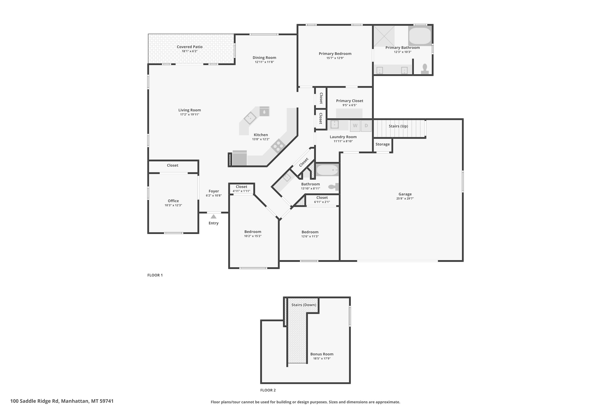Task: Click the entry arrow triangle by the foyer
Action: pyautogui.click(x=213, y=216)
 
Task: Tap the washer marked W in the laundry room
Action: pyautogui.click(x=355, y=126)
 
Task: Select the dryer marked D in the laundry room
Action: pyautogui.click(x=366, y=126)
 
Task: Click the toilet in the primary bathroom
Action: pyautogui.click(x=425, y=69)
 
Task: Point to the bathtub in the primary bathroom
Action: pyautogui.click(x=420, y=36)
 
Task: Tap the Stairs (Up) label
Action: pyautogui.click(x=398, y=126)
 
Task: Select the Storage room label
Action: pyautogui.click(x=382, y=144)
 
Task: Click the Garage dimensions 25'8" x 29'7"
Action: pyautogui.click(x=405, y=198)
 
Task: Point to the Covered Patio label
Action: pyautogui.click(x=190, y=47)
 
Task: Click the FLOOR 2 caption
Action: pyautogui.click(x=268, y=390)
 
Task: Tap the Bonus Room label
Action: pyautogui.click(x=322, y=354)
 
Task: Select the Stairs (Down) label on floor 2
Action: pyautogui.click(x=304, y=305)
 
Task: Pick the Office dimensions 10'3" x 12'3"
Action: pyautogui.click(x=173, y=205)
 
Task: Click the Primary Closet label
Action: pyautogui.click(x=350, y=101)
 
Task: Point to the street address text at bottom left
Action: pyautogui.click(x=62, y=401)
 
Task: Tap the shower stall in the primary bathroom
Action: pyautogui.click(x=384, y=36)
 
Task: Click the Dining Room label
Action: pyautogui.click(x=264, y=58)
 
